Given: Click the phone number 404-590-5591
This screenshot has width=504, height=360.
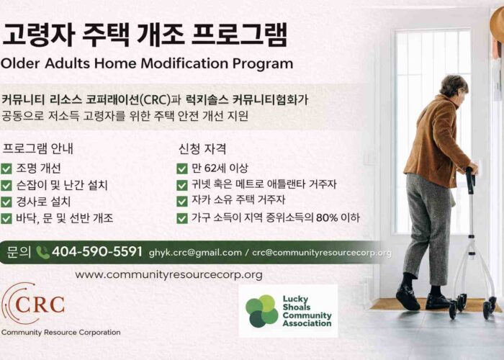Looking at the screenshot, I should click(97, 252).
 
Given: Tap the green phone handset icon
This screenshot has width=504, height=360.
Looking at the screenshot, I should click(42, 253).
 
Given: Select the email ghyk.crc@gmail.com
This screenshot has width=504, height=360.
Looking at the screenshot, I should click(195, 253).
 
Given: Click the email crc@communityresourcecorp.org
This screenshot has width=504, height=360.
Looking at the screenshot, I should click(322, 253).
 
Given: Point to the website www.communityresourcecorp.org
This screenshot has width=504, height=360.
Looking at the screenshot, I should click(168, 274).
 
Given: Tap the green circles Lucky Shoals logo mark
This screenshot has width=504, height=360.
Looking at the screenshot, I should click(261, 310).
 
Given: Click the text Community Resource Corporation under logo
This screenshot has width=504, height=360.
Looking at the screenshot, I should click(60, 332).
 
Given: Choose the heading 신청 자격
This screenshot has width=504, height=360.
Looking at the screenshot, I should click(202, 150).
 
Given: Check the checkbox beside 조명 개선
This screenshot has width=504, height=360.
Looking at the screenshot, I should click(6, 169).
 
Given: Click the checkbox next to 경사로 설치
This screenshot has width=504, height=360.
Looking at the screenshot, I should click(6, 202).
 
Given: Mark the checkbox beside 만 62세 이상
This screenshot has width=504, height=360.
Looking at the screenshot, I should click(182, 169).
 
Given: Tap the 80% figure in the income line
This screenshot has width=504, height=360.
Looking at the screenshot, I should click(321, 218).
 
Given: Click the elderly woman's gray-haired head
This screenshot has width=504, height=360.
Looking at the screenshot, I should click(454, 86).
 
